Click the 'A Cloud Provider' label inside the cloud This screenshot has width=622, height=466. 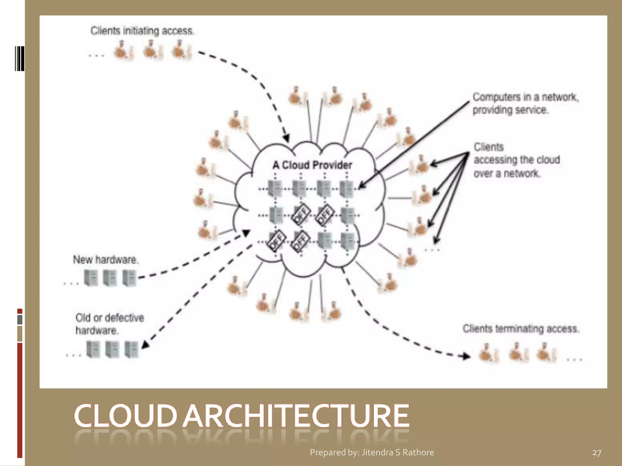(312, 165)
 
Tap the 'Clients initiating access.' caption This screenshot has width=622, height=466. (142, 31)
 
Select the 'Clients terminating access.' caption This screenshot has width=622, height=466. (521, 329)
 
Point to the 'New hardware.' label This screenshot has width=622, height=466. (106, 260)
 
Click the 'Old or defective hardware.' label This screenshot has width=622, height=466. (109, 324)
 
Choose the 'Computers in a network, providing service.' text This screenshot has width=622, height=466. (525, 103)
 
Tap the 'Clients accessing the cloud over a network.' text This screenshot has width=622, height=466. (516, 160)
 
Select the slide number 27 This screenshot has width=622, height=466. (596, 453)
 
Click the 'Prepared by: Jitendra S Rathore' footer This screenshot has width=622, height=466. (372, 452)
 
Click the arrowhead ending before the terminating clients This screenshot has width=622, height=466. (466, 356)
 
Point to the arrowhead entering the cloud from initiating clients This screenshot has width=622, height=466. (286, 138)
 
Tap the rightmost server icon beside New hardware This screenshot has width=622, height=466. (129, 278)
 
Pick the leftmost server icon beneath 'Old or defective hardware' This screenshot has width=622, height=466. (93, 349)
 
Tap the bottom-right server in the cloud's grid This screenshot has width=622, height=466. (347, 241)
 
